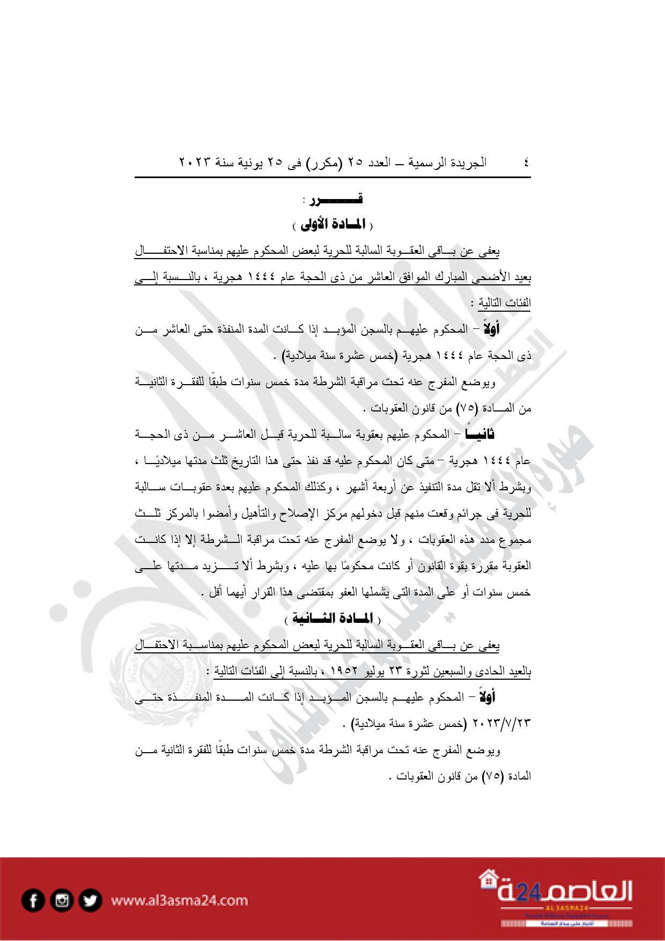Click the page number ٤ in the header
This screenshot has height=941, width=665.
(526, 162)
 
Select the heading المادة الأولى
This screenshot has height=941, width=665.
(332, 225)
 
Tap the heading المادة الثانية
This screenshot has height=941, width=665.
(332, 619)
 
